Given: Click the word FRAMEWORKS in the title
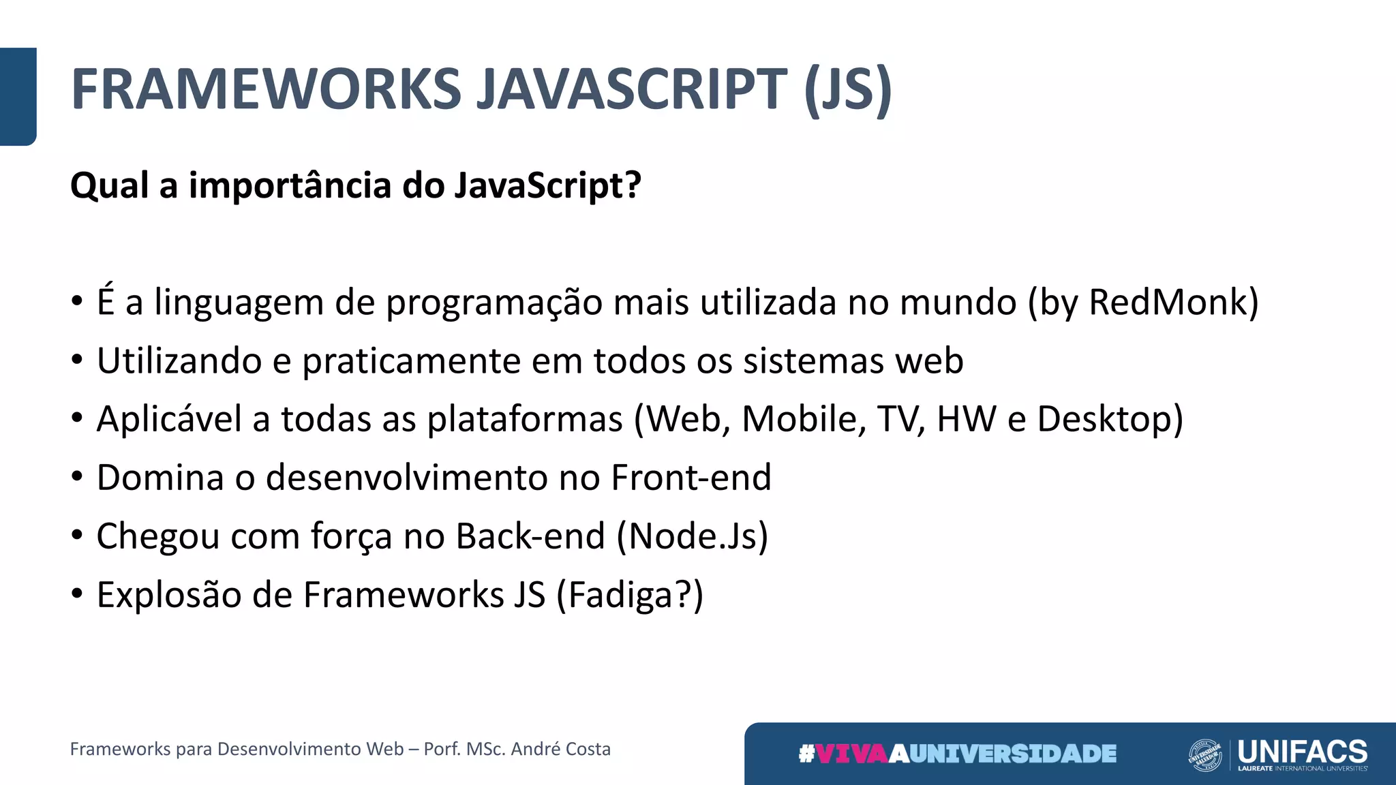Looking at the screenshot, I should pos(267,89).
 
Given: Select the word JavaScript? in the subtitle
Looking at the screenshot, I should pos(547,185).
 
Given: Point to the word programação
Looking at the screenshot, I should pos(494,303).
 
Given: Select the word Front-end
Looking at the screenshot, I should pos(691,477).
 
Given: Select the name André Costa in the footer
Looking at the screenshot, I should pos(560,749).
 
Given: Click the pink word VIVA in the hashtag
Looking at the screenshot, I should pos(852,754).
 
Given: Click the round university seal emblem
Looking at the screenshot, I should pos(1205,755).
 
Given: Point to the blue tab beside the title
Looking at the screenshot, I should pos(18,96).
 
